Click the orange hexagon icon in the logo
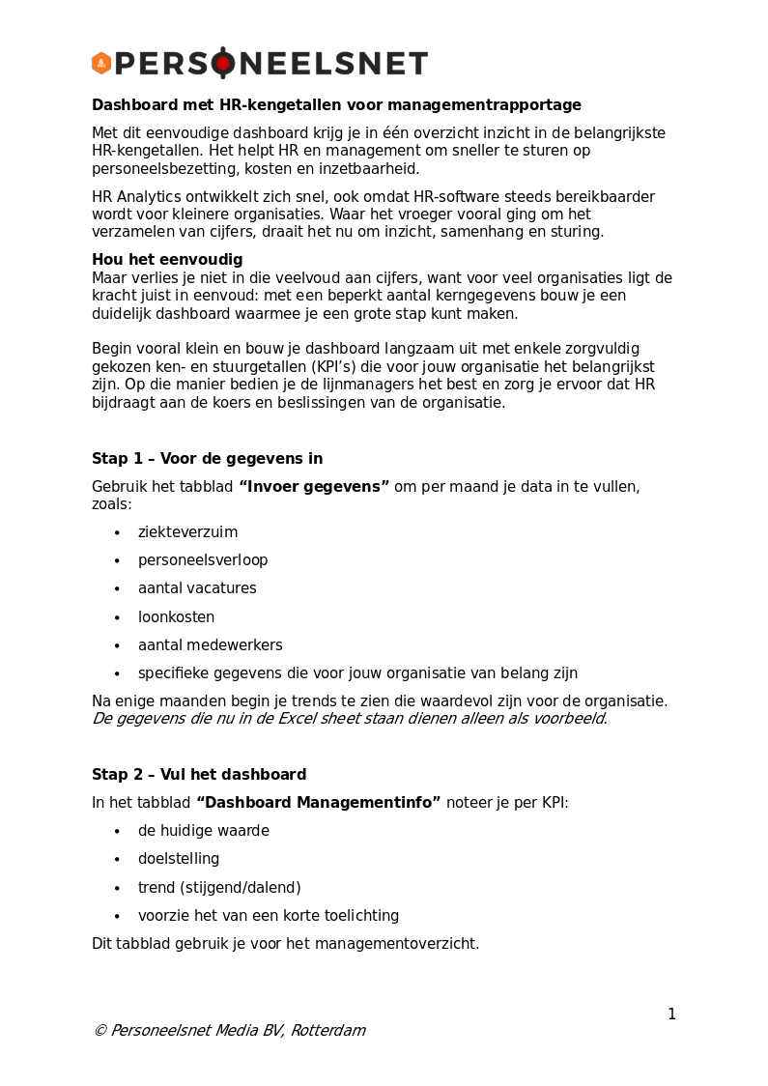click(x=101, y=64)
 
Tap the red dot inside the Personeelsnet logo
click(x=223, y=64)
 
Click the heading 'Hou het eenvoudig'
click(x=167, y=260)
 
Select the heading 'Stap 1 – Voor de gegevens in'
click(x=207, y=459)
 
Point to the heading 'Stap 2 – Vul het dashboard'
click(x=199, y=775)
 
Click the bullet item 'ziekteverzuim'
click(x=187, y=532)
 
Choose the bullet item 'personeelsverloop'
click(x=203, y=560)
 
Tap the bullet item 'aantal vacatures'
click(x=197, y=588)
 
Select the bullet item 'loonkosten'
click(x=176, y=617)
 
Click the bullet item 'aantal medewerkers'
click(x=210, y=645)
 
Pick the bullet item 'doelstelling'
click(x=179, y=859)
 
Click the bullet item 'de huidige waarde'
click(x=203, y=831)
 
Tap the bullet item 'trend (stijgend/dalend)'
click(x=219, y=888)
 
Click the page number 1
click(x=671, y=1015)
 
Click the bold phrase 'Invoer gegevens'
click(x=314, y=487)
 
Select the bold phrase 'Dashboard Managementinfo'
click(x=319, y=803)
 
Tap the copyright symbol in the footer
click(x=100, y=1031)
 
